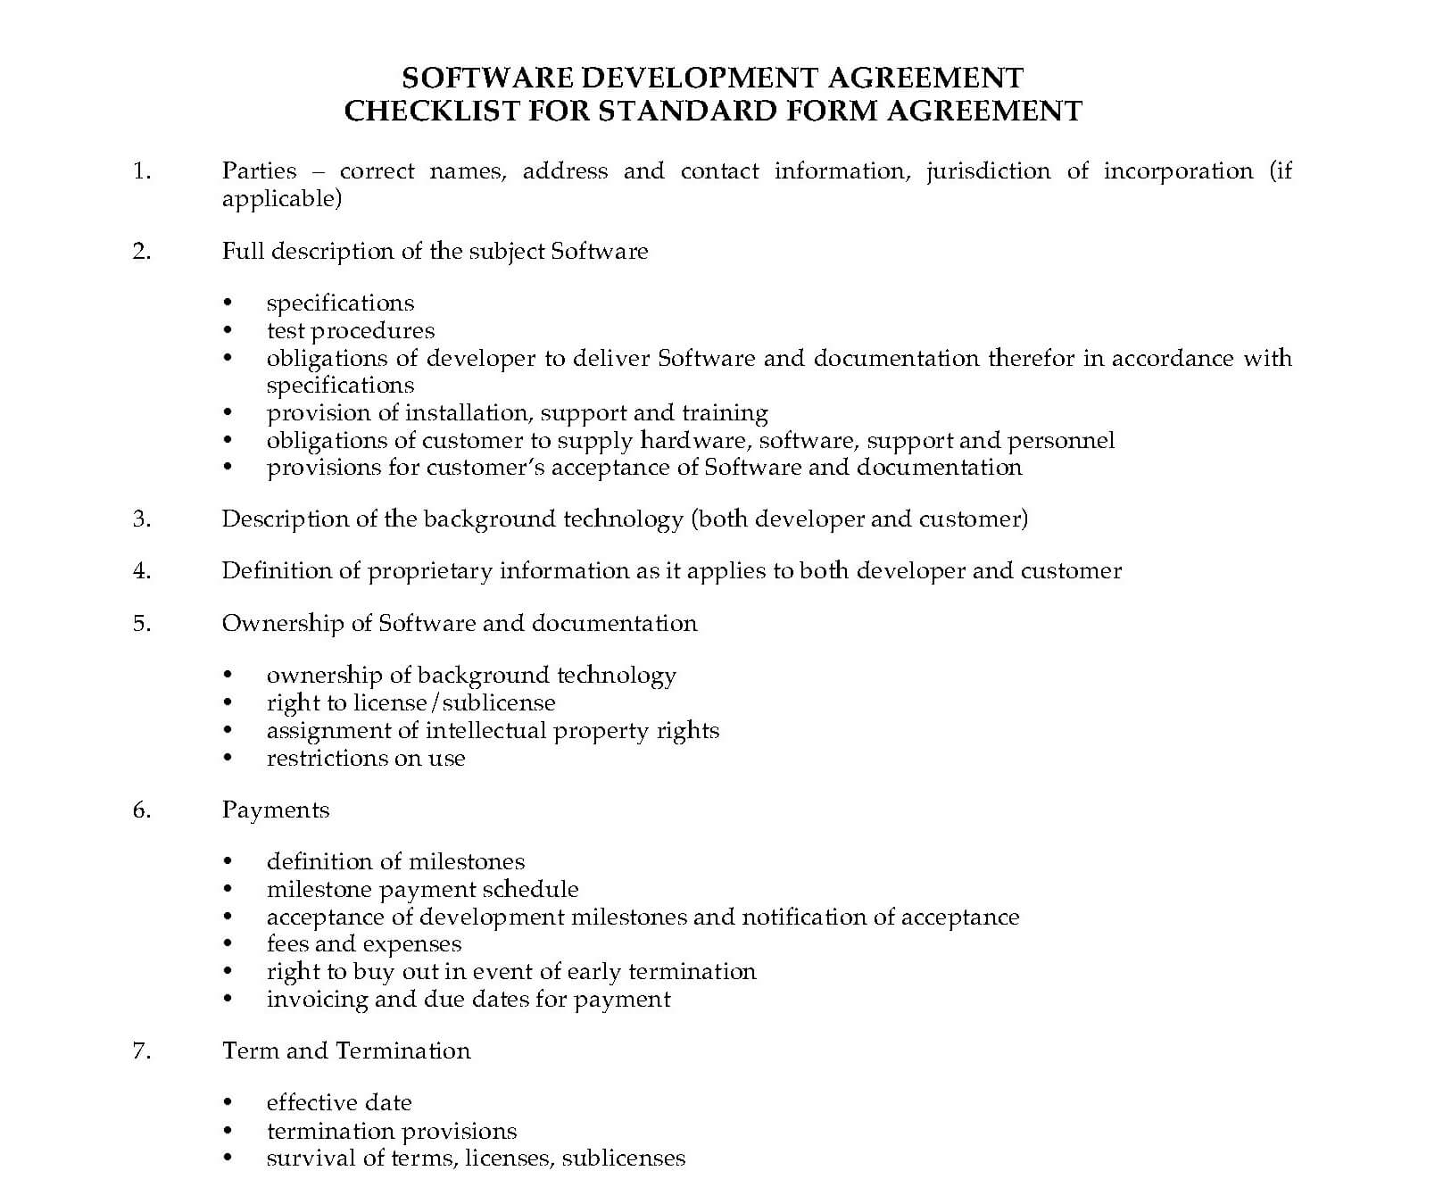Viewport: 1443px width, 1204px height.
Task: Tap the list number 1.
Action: [x=142, y=170]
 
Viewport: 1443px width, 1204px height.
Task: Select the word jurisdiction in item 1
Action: [x=988, y=170]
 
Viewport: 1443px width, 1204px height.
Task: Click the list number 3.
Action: [x=142, y=519]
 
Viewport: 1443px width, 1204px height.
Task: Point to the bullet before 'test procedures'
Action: [x=228, y=331]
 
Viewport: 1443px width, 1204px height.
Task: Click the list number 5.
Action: [x=142, y=623]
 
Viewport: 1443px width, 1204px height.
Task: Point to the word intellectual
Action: [x=485, y=730]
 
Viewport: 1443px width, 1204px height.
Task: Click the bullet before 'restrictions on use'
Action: [x=228, y=759]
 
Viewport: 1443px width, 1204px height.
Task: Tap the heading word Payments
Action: [x=276, y=810]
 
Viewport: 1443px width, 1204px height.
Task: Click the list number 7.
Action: [x=142, y=1050]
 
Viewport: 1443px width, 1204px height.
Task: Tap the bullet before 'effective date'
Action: [x=228, y=1103]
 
